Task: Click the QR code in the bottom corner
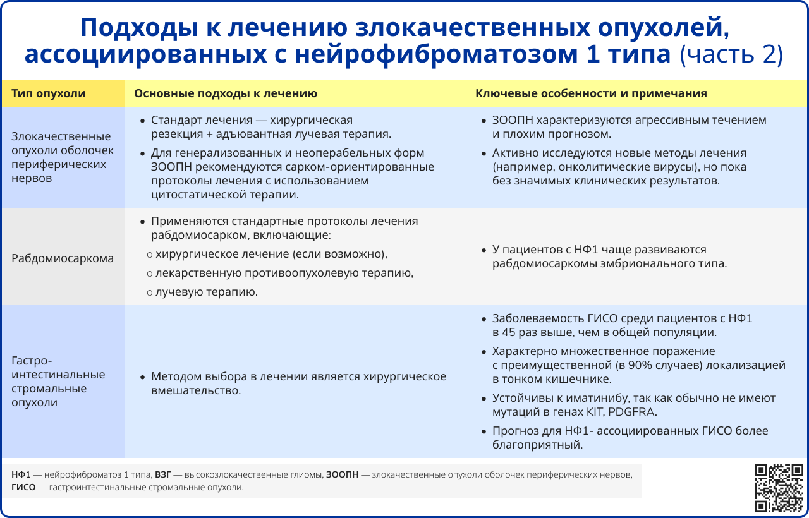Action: tap(779, 487)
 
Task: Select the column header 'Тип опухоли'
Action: tap(48, 93)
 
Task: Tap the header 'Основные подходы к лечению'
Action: tap(225, 93)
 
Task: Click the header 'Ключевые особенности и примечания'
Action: tap(591, 93)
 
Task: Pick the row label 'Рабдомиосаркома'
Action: tap(63, 258)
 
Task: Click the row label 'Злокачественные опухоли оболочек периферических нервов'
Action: tap(61, 157)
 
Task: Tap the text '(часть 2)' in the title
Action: tap(731, 55)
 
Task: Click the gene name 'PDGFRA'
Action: tap(633, 412)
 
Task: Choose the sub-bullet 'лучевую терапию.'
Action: tap(207, 292)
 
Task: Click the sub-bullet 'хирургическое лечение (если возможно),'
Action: tap(271, 254)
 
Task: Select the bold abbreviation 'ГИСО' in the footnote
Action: tap(23, 488)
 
